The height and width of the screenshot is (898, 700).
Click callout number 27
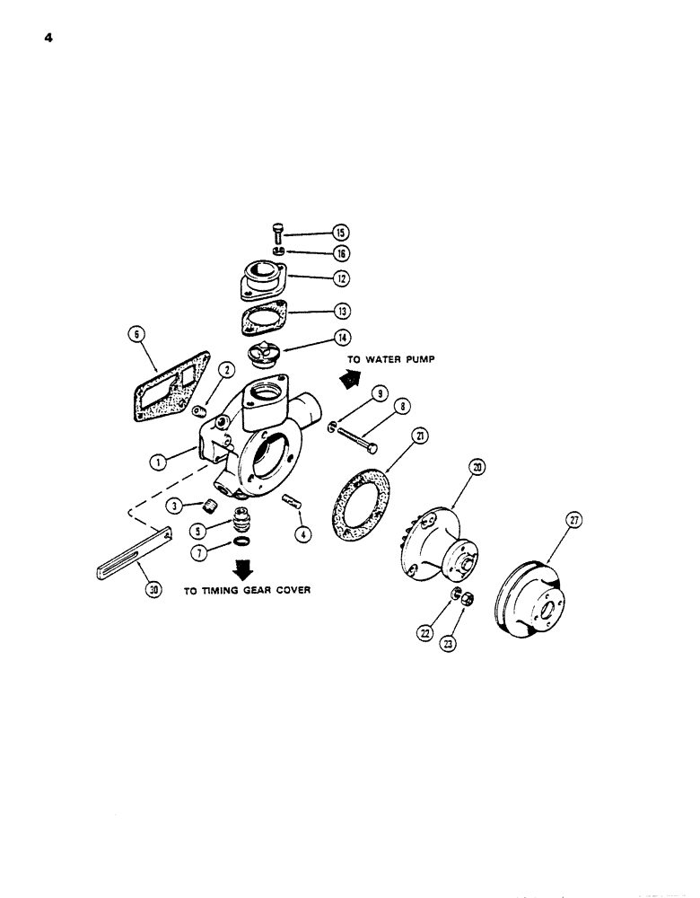click(573, 521)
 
